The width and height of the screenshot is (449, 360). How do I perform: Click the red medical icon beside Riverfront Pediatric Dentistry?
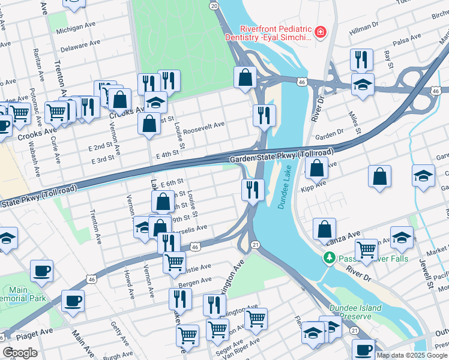321,31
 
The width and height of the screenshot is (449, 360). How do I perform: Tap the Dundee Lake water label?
283,191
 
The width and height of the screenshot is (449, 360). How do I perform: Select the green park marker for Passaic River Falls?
328,259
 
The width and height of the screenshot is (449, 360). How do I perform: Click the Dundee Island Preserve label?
355,312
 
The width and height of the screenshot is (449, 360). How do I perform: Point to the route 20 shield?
214,5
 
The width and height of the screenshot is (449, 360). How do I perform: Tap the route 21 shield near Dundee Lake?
255,244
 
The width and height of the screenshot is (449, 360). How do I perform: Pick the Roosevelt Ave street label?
203,125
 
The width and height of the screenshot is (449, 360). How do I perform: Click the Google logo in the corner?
20,352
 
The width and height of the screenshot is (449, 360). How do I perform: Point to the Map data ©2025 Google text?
412,355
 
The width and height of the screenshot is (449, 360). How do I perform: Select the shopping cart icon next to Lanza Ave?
366,248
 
